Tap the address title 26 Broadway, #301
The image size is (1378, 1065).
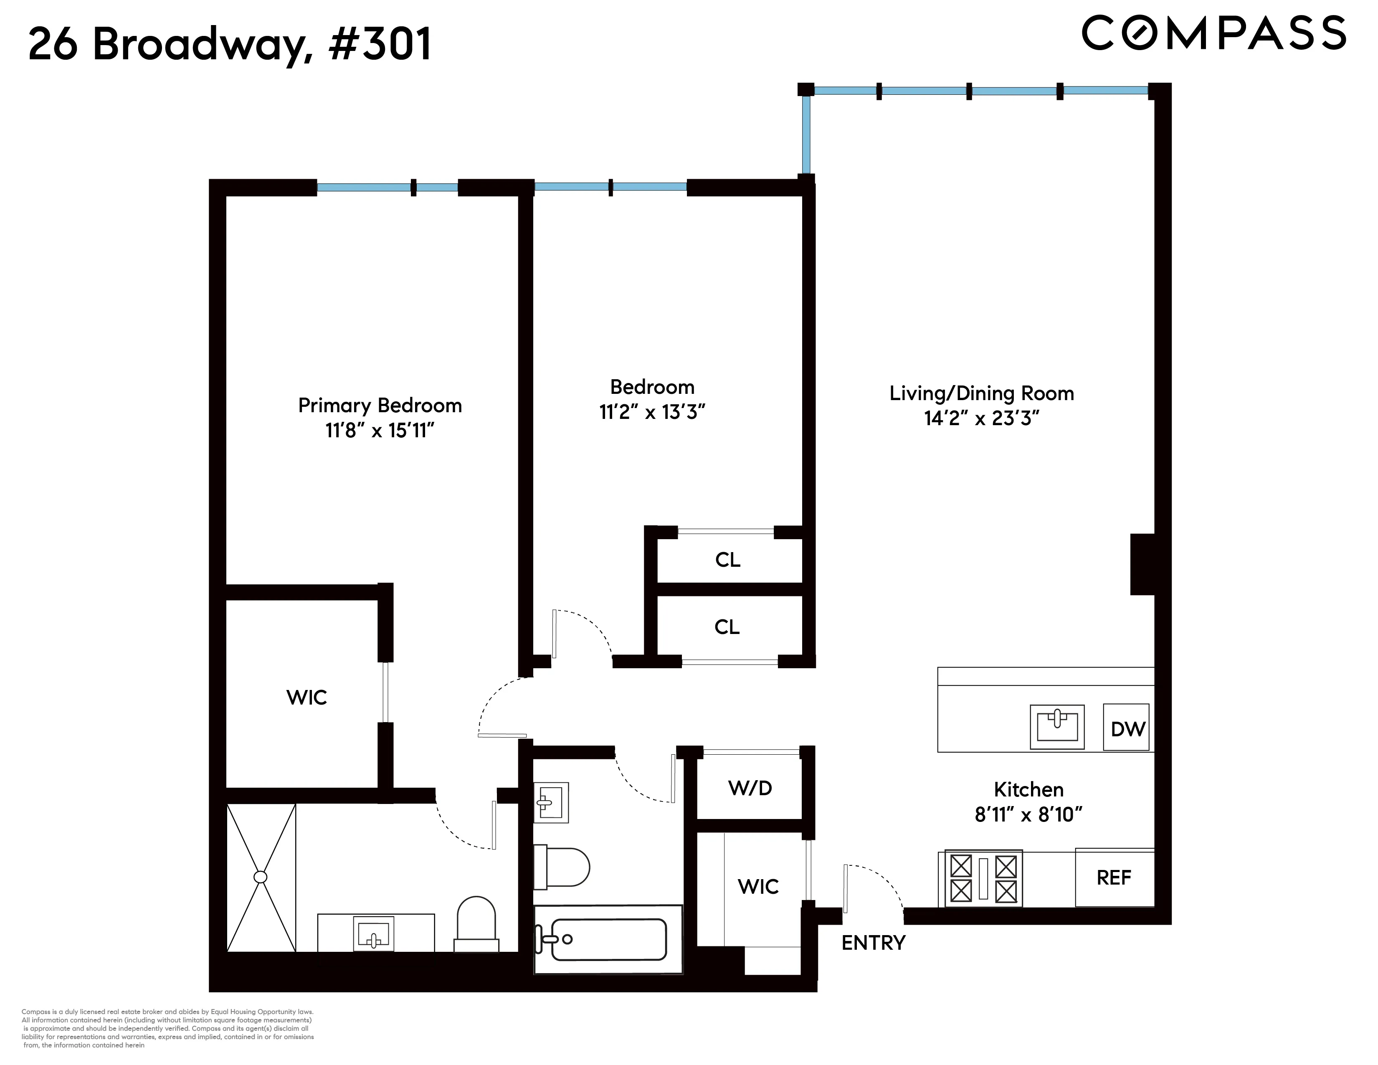[x=231, y=44]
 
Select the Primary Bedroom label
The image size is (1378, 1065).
[x=380, y=405]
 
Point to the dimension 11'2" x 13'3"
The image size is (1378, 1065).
[x=652, y=412]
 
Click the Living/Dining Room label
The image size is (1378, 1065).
[x=981, y=393]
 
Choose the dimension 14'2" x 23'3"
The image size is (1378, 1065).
[x=981, y=418]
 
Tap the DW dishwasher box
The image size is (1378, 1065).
[x=1126, y=728]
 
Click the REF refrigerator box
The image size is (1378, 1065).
[x=1114, y=877]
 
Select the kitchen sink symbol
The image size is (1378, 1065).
[x=1057, y=727]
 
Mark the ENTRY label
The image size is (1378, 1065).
[x=873, y=943]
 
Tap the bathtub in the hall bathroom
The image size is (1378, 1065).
[x=608, y=939]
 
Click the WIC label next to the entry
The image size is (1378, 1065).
[x=758, y=886]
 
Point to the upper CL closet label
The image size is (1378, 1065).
[x=727, y=560]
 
